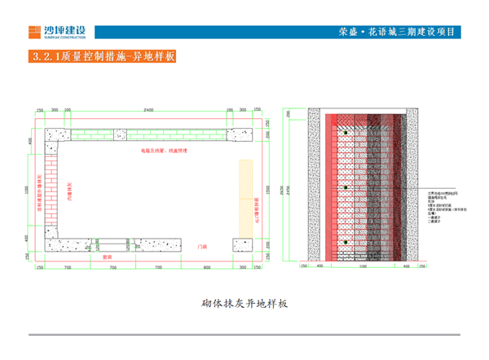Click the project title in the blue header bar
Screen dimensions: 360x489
pyautogui.click(x=397, y=32)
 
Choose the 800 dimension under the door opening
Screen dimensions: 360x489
pyautogui.click(x=208, y=266)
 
